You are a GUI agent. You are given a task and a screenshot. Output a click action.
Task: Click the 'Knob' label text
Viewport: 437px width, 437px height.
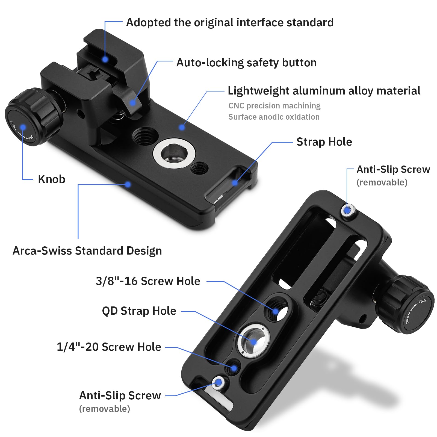(52, 179)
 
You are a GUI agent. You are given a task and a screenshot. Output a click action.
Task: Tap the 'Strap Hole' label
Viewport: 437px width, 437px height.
(324, 142)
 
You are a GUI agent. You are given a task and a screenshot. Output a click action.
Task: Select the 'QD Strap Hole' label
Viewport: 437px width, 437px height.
(139, 311)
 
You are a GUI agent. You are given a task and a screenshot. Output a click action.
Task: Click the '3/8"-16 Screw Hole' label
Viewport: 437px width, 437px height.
(148, 281)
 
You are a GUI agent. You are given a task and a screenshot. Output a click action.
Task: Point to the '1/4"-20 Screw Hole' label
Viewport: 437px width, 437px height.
(109, 347)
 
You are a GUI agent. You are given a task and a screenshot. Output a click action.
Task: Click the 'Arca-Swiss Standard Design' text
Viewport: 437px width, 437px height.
(87, 251)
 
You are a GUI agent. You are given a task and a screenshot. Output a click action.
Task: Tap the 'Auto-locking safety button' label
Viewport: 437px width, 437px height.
(247, 63)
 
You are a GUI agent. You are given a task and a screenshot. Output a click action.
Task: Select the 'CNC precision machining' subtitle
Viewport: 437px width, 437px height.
(274, 106)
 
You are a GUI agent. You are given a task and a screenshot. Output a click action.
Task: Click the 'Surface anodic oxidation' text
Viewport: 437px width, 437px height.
(274, 117)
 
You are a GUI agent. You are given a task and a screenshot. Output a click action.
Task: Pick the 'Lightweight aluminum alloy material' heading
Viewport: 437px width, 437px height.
(324, 91)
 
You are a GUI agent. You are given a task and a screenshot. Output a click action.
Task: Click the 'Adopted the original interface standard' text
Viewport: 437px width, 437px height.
(230, 22)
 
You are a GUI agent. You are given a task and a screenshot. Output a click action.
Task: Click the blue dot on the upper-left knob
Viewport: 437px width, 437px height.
(23, 127)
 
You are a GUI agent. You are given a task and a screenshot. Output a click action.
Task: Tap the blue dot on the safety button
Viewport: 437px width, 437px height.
(132, 103)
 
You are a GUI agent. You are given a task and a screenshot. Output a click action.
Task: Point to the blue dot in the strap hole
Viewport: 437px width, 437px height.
(235, 183)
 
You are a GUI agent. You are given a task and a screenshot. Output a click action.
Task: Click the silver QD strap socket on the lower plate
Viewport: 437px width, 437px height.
(253, 341)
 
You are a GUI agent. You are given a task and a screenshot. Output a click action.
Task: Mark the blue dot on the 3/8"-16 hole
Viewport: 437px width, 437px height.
(276, 311)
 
